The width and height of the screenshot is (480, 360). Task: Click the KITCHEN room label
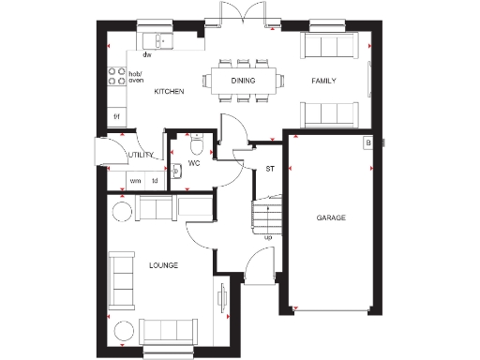point(169,92)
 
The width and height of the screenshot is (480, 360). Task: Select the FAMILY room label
point(323,82)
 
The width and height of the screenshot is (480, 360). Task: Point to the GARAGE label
point(331,217)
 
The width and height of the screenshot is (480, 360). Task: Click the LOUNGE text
point(163,265)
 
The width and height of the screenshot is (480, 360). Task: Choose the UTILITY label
point(142,154)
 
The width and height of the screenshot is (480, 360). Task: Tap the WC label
point(194,163)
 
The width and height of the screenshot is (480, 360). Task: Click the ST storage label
point(269,169)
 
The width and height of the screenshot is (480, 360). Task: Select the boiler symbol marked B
point(368,142)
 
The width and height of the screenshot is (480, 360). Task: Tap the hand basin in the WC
point(176,171)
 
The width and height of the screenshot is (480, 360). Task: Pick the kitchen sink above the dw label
point(159,40)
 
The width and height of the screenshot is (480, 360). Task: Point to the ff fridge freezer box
point(118,115)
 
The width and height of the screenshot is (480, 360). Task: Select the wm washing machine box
point(135,181)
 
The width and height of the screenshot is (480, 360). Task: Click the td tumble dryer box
point(155,181)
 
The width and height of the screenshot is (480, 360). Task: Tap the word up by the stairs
point(269,237)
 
